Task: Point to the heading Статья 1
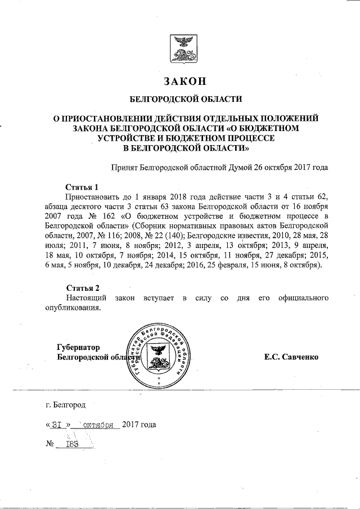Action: (x=82, y=187)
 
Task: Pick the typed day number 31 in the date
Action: (x=57, y=425)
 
